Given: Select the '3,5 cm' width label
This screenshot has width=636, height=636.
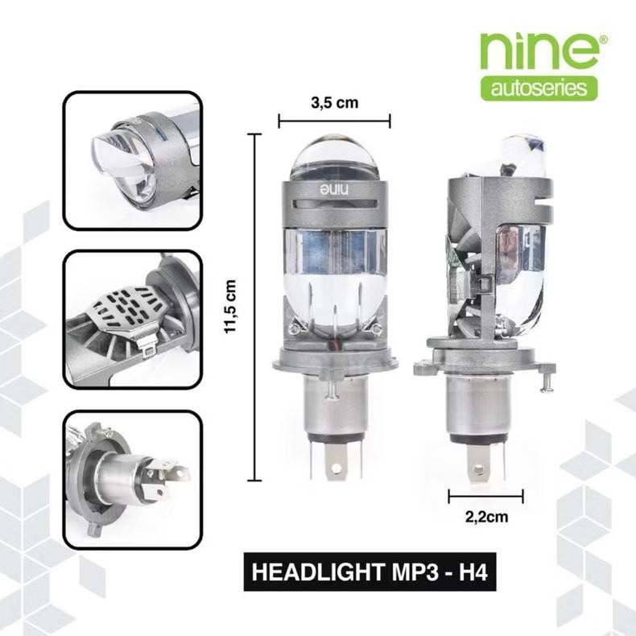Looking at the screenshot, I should click(x=333, y=103).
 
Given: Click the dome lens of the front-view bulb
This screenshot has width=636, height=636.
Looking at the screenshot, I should click(x=333, y=159).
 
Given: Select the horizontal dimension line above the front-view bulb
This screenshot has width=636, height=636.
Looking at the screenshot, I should click(x=333, y=122).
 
